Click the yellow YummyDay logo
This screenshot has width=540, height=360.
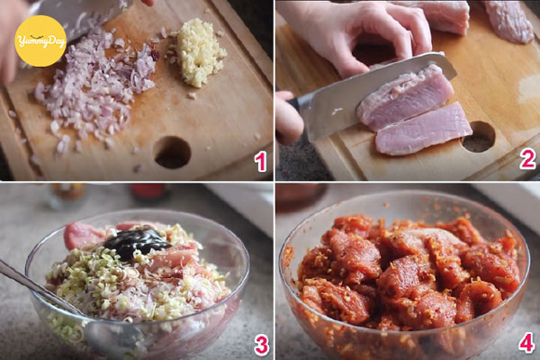click(x=40, y=41)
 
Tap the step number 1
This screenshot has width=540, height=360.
click(x=260, y=162)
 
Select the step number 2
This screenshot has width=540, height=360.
click(x=527, y=159)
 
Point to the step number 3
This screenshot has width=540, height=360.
click(x=261, y=346)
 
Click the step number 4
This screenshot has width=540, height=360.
click(x=526, y=342)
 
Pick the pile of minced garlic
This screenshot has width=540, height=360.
click(x=199, y=52)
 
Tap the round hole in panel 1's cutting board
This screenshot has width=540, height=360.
click(x=172, y=152)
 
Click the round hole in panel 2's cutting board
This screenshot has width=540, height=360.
click(x=479, y=137)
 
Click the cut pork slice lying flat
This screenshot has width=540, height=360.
click(x=424, y=130)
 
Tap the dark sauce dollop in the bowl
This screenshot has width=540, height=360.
click(x=137, y=242)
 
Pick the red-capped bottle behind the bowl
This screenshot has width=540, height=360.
click(x=149, y=192)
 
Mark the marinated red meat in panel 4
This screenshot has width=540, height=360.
click(x=409, y=272)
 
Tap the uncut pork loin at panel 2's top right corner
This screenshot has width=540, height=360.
click(x=507, y=21)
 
